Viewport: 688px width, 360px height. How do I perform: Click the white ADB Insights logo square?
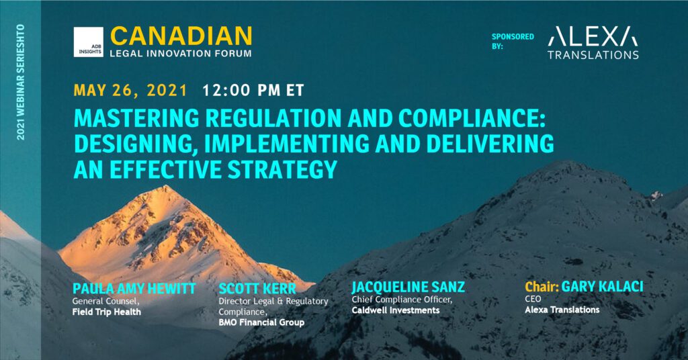tap(89, 42)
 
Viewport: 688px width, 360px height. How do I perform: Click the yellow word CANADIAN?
tap(181, 36)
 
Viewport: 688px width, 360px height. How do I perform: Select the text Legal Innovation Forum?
tap(181, 54)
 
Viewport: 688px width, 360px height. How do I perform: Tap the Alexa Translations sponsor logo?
tap(593, 42)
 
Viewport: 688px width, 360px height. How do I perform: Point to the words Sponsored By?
tap(513, 41)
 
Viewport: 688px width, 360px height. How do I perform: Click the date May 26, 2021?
tap(130, 90)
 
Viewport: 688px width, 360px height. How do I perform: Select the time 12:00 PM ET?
tap(253, 90)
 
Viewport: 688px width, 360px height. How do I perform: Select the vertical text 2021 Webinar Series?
tap(20, 82)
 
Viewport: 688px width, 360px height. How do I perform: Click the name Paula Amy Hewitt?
tap(134, 289)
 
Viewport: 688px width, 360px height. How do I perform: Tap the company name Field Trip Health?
tap(107, 312)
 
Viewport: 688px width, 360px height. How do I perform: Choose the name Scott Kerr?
tap(257, 289)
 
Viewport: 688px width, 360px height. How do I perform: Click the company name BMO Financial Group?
tap(261, 323)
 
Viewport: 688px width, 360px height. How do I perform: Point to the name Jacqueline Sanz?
tap(408, 287)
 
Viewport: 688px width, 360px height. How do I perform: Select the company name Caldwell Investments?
tap(395, 310)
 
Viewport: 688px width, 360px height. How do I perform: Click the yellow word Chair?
tap(542, 287)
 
